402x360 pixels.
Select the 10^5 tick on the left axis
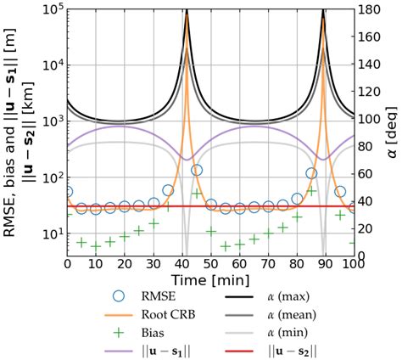[51, 10]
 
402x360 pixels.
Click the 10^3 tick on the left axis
[51, 121]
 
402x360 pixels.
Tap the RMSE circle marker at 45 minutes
[197, 171]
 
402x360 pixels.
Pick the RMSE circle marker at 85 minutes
[311, 173]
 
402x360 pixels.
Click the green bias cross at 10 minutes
[97, 246]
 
